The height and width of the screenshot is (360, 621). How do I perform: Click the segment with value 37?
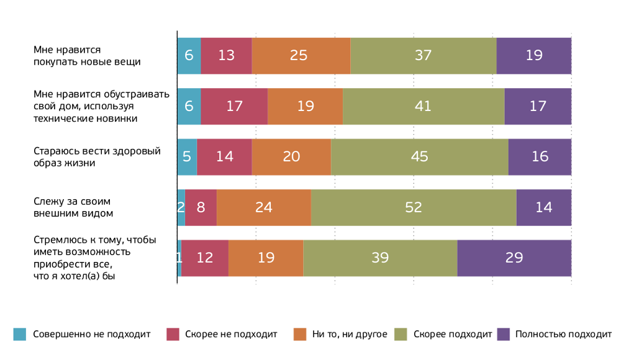click(423, 55)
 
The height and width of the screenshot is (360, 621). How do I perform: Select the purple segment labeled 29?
click(514, 258)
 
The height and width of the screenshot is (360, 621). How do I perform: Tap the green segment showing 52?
click(414, 207)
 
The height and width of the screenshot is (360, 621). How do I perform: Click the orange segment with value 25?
click(301, 55)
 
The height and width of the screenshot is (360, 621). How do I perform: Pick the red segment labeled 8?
click(201, 207)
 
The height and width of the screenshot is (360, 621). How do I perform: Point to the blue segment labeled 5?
click(187, 156)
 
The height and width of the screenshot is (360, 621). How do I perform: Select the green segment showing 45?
click(419, 156)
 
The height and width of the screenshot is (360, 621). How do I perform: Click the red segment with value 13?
click(226, 55)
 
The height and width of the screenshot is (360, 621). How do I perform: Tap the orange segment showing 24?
click(263, 207)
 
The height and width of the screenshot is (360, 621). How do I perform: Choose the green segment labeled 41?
click(423, 106)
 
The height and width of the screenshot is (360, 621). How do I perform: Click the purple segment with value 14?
click(543, 207)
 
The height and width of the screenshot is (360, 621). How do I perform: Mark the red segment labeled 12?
click(205, 258)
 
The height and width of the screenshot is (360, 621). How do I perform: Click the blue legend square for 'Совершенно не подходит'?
click(20, 334)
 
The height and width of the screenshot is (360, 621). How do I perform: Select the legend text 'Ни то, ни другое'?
click(350, 334)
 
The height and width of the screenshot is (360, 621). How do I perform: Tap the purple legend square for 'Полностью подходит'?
click(504, 334)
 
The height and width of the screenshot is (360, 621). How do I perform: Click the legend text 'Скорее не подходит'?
click(231, 334)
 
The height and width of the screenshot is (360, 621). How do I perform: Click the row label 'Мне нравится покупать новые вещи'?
click(87, 55)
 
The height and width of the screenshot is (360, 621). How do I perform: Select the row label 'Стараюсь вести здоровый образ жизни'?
click(97, 156)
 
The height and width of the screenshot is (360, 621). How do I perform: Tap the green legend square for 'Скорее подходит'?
click(401, 334)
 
